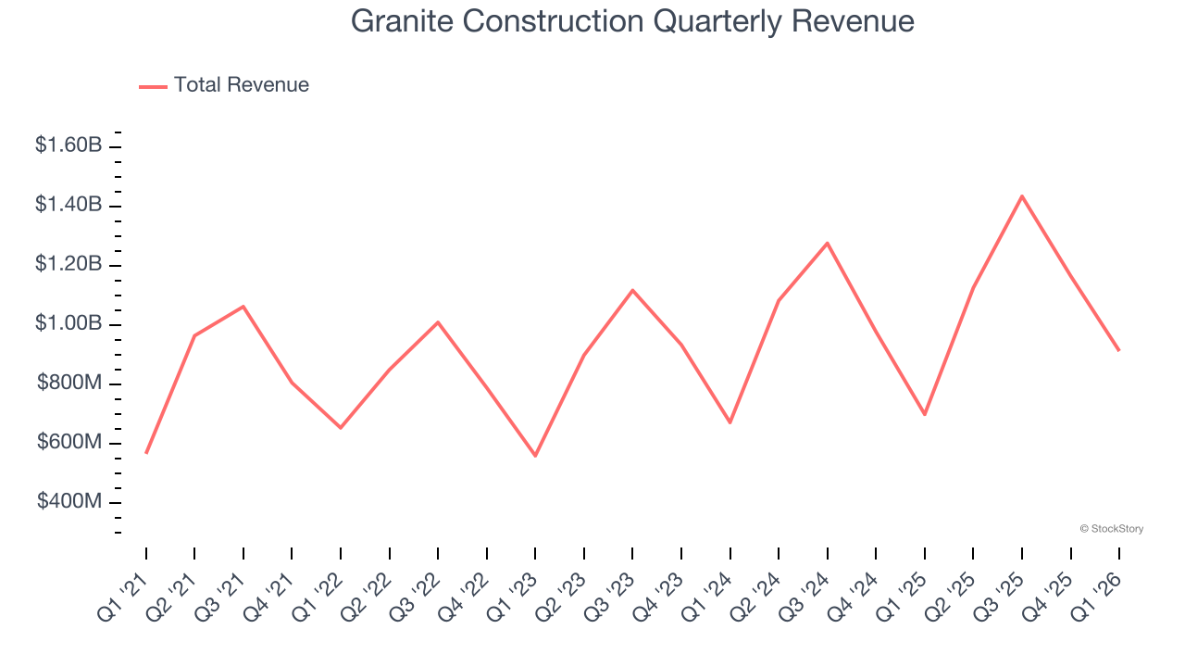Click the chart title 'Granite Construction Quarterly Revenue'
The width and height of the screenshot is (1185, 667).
click(x=632, y=21)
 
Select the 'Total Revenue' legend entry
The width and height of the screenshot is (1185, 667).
click(x=241, y=85)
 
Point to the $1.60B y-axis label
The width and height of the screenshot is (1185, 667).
click(x=69, y=145)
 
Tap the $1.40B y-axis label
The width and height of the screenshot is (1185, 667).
click(x=69, y=205)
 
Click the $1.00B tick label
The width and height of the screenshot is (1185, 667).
click(x=69, y=324)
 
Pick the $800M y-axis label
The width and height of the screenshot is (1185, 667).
click(x=69, y=384)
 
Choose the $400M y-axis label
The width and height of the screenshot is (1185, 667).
click(x=69, y=502)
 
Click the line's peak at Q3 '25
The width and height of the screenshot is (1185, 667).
click(x=1022, y=196)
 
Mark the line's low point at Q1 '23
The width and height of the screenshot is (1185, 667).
click(x=535, y=456)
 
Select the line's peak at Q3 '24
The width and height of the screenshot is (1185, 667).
click(x=828, y=244)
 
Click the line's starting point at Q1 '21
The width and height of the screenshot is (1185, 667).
click(x=146, y=453)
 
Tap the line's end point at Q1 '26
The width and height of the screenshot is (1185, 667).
click(x=1119, y=350)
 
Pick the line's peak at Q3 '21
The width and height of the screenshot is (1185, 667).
click(x=243, y=306)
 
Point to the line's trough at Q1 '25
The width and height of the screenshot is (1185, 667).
click(x=925, y=414)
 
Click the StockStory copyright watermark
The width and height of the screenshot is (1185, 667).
click(x=1111, y=529)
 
